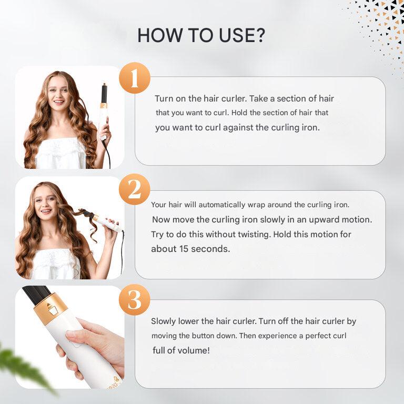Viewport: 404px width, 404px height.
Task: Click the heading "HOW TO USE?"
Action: pos(201,35)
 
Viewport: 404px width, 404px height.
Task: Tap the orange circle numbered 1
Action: pos(134,78)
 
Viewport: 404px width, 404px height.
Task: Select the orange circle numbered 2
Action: pos(134,189)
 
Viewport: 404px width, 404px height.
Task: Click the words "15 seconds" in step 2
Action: pos(203,249)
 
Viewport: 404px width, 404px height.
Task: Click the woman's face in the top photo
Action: pos(58,94)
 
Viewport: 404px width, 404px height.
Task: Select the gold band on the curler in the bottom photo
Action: pos(50,308)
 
